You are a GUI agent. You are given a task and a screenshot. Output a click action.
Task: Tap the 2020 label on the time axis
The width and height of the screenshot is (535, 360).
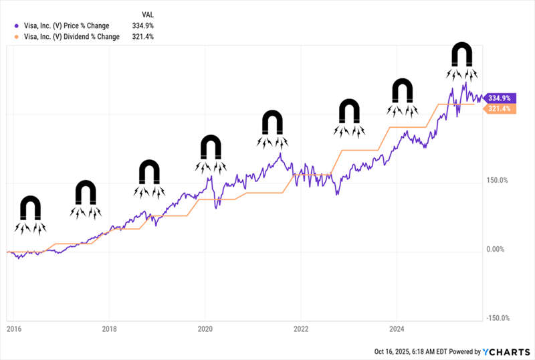click(205, 329)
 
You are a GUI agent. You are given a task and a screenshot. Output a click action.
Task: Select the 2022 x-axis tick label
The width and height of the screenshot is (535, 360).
click(301, 329)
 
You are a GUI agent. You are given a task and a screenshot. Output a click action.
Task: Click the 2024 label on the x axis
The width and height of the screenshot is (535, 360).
click(397, 329)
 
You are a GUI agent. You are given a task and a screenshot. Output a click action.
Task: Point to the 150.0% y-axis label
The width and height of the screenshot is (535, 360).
click(496, 180)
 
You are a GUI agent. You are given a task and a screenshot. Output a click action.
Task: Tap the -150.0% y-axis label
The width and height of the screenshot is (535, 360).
click(496, 318)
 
